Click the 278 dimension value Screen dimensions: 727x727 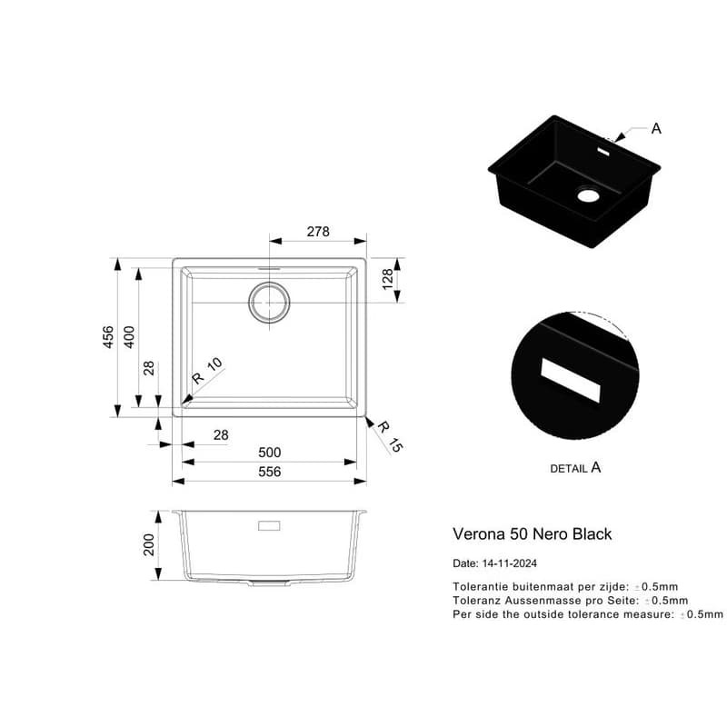point(318,232)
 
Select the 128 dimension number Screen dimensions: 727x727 point(388,279)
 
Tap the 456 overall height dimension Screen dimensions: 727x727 point(107,337)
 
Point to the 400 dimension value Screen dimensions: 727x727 point(129,337)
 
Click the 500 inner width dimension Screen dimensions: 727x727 point(269,452)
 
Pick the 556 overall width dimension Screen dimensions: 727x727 point(269,472)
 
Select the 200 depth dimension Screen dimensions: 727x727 point(148,544)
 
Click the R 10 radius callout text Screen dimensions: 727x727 point(207,371)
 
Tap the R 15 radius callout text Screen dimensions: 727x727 point(390,436)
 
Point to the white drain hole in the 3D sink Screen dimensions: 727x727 point(588,195)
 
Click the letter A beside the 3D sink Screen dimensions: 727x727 point(656,128)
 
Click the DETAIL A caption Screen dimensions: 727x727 point(575,468)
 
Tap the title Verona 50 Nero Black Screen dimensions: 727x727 point(533,534)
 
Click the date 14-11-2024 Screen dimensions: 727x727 point(510,563)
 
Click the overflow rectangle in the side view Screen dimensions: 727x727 point(269,526)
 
